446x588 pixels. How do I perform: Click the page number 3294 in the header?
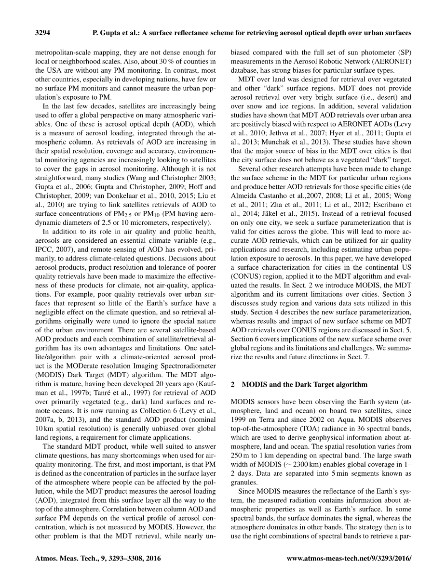(x=43, y=33)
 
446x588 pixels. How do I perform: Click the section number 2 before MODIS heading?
(x=233, y=385)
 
